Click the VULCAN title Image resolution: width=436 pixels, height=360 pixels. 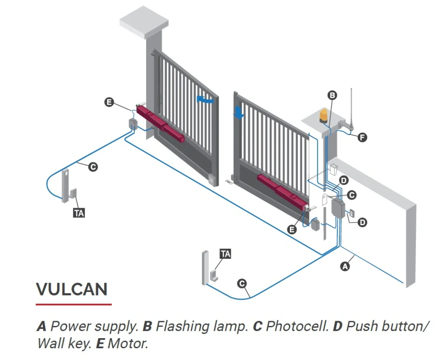[x=72, y=289]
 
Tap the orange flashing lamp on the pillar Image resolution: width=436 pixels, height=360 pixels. [x=323, y=116]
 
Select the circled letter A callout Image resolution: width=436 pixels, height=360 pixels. [x=345, y=267]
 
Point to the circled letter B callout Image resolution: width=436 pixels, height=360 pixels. [x=332, y=96]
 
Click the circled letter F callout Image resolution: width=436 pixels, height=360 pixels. [x=362, y=137]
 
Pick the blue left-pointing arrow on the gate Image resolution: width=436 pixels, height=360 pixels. [x=205, y=99]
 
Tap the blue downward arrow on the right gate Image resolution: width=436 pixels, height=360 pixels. [x=238, y=113]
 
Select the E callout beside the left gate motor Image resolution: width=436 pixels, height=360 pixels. [x=109, y=102]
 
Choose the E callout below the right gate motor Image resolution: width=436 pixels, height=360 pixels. [x=292, y=230]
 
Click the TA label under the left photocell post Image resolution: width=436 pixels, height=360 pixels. [x=79, y=213]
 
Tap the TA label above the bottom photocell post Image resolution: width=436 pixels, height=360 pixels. [x=225, y=254]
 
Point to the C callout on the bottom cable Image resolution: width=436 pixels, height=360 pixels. [x=242, y=284]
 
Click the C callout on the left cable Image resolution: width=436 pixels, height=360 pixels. [x=93, y=167]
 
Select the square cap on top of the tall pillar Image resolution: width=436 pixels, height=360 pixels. [x=144, y=22]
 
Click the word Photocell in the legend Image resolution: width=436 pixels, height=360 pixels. [x=297, y=326]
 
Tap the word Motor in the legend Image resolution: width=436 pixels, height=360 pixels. [x=127, y=343]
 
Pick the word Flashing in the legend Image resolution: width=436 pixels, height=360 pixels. [x=182, y=326]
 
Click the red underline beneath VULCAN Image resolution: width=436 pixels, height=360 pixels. [x=74, y=305]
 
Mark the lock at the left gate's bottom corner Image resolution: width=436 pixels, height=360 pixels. [x=212, y=180]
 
